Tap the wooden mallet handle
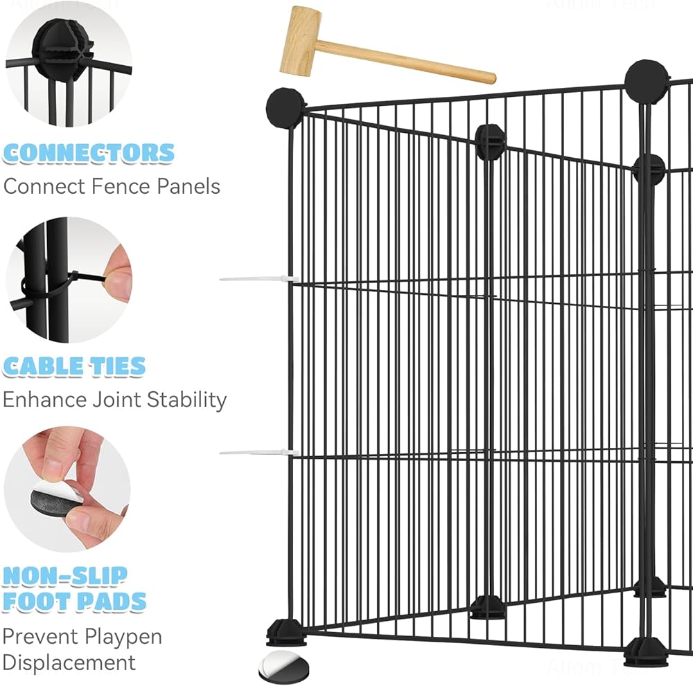pos(409,62)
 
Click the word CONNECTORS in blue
pos(89,153)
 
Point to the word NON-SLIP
pos(65,575)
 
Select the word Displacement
pos(69,662)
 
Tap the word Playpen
pos(124,636)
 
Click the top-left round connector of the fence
pos(286,108)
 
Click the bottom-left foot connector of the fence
pos(286,631)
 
